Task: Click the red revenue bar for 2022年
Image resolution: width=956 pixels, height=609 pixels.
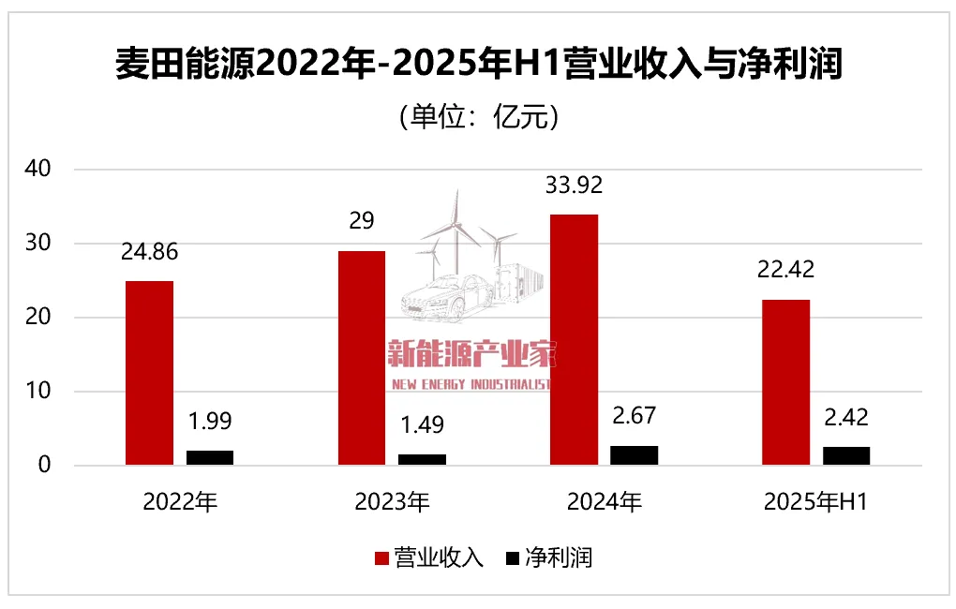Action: click(x=149, y=373)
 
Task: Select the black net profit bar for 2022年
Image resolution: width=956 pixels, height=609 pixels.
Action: click(x=209, y=458)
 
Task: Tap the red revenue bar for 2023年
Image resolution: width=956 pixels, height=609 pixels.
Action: click(x=361, y=358)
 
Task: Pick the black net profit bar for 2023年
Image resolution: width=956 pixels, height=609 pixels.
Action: click(x=422, y=460)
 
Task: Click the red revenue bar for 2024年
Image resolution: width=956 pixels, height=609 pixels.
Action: click(x=574, y=339)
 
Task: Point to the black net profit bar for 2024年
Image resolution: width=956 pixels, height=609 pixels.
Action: click(x=634, y=455)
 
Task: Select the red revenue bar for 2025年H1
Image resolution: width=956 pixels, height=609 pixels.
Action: click(x=785, y=382)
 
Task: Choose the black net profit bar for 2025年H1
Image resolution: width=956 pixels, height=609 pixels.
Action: click(x=845, y=456)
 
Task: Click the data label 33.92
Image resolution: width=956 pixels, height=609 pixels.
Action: click(x=574, y=185)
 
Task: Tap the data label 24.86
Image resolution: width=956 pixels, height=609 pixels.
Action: click(x=149, y=252)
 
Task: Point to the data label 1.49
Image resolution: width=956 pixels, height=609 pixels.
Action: click(x=422, y=424)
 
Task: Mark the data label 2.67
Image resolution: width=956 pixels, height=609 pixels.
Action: click(x=634, y=416)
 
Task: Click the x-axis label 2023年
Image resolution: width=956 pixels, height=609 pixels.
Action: click(x=392, y=502)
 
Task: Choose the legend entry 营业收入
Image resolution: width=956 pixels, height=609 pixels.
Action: click(x=429, y=558)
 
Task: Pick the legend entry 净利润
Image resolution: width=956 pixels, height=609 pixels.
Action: click(x=549, y=558)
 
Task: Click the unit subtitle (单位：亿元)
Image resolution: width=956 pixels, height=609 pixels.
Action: click(x=478, y=118)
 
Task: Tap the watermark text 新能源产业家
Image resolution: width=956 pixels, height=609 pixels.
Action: click(x=473, y=354)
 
